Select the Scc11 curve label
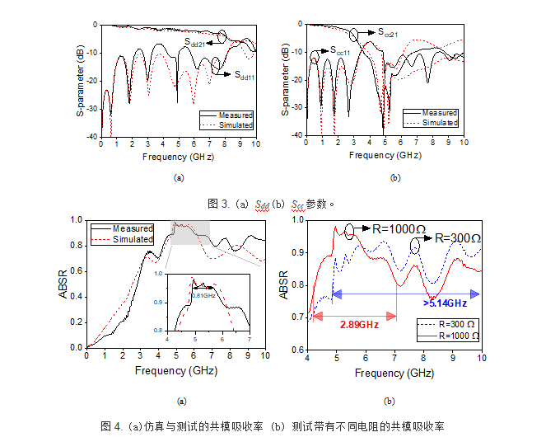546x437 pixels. point(341,51)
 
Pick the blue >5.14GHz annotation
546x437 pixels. point(446,303)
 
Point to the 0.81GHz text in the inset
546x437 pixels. point(203,294)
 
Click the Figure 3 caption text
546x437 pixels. point(272,203)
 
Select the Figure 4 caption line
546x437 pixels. point(272,426)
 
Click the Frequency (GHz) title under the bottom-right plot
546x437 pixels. point(394,373)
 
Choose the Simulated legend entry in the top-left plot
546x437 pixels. point(235,125)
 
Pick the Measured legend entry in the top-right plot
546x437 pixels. point(439,112)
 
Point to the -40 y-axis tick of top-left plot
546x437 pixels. point(93,137)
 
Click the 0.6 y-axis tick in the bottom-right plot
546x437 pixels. point(295,350)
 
